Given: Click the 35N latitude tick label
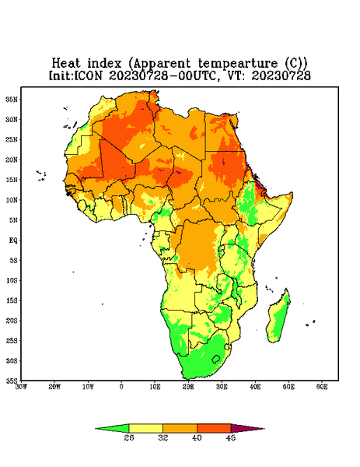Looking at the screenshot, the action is [x=12, y=100].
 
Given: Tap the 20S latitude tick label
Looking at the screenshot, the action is [x=12, y=321].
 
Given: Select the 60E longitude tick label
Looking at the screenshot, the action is [x=322, y=387].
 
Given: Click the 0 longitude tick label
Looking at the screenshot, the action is [x=121, y=387].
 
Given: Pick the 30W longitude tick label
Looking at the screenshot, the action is [x=21, y=387].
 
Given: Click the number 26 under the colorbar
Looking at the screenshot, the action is [x=129, y=437].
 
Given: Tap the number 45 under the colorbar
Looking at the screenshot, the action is [x=231, y=437].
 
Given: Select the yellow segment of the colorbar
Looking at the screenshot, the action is [x=145, y=428].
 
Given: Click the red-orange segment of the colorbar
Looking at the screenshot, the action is [x=214, y=428].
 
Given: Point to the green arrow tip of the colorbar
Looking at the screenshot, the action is [x=96, y=429].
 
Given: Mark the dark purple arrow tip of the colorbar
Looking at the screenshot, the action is [x=264, y=429].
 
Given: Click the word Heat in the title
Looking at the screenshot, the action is [x=66, y=63].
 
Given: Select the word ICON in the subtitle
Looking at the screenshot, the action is [x=88, y=75].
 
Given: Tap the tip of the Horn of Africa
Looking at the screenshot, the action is [x=292, y=194].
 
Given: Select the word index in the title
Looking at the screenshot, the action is [x=104, y=63].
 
